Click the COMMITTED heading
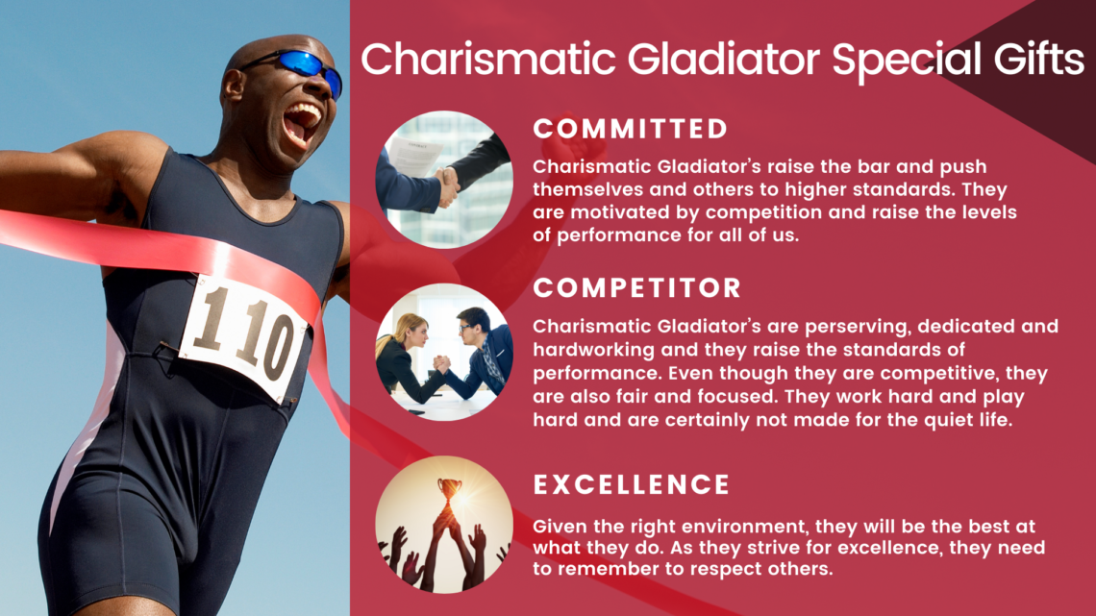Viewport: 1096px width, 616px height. tap(631, 129)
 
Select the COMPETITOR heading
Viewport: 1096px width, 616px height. tap(636, 287)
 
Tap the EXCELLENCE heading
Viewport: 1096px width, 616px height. tap(632, 484)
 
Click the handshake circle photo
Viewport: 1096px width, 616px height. tap(444, 180)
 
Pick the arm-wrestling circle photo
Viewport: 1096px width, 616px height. tap(444, 352)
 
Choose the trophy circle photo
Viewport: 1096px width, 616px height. tap(444, 525)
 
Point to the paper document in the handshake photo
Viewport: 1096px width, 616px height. tap(413, 157)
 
